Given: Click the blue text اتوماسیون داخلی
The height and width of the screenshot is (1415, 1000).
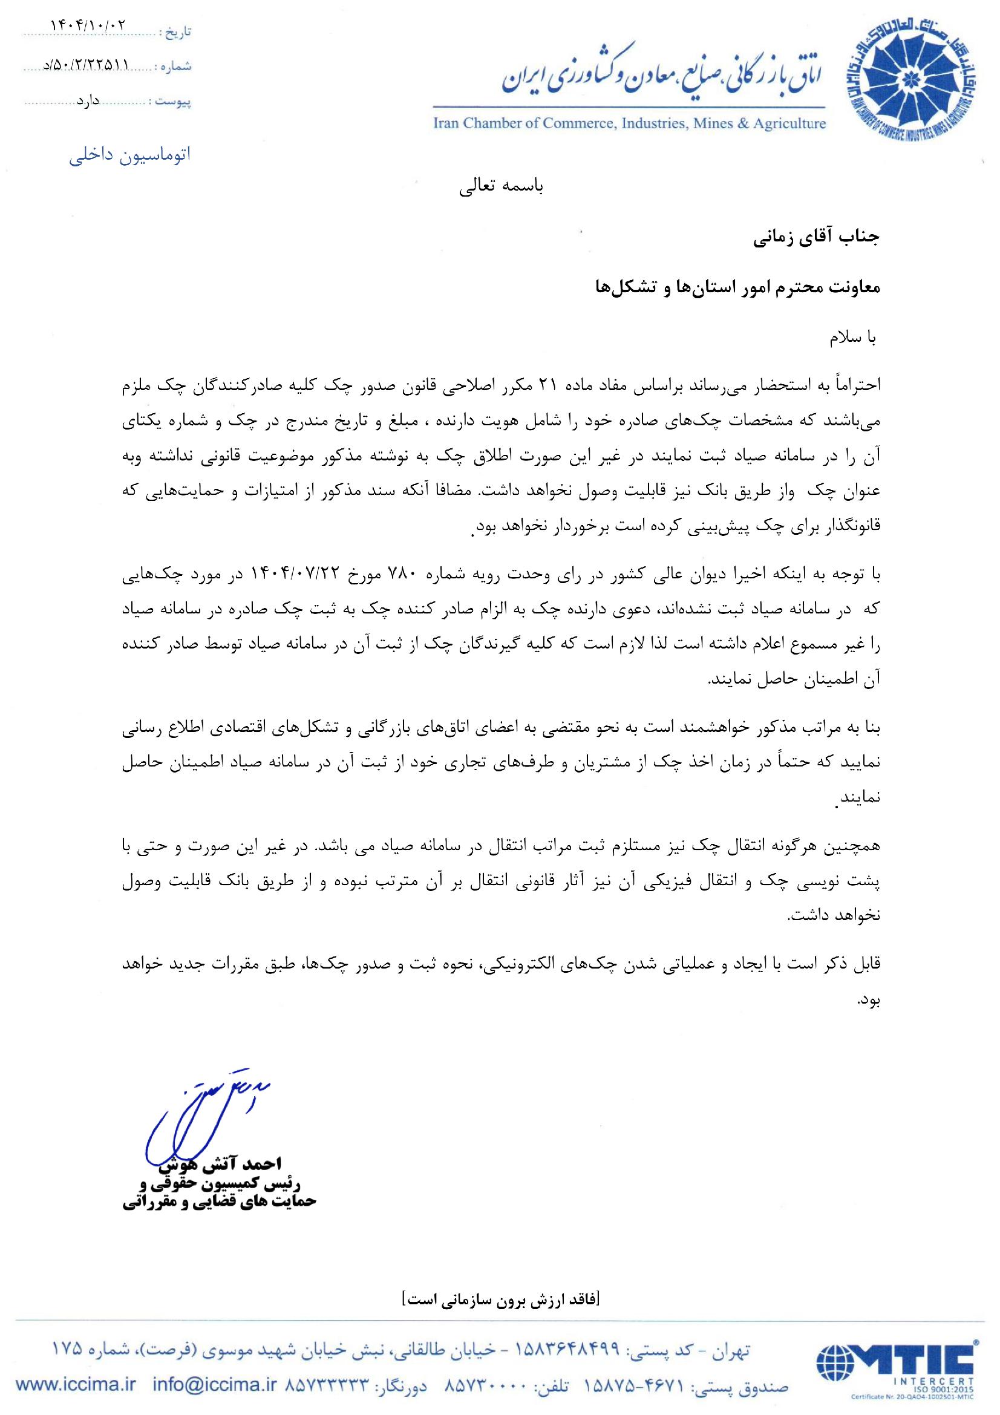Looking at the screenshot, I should pos(129,155).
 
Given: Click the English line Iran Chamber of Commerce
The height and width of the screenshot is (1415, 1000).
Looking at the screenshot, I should pos(629,123).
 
